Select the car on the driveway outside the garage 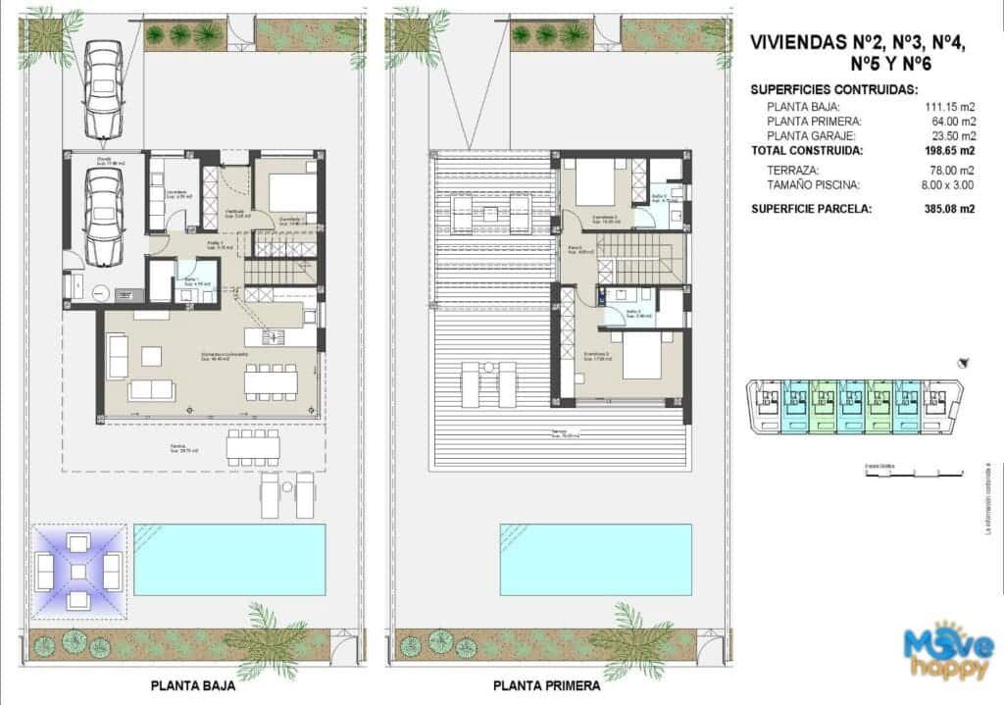102,89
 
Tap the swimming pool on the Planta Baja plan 229,559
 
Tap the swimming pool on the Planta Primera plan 595,559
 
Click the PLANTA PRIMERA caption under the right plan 546,686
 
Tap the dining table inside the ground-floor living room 271,382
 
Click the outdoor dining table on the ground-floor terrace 253,447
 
